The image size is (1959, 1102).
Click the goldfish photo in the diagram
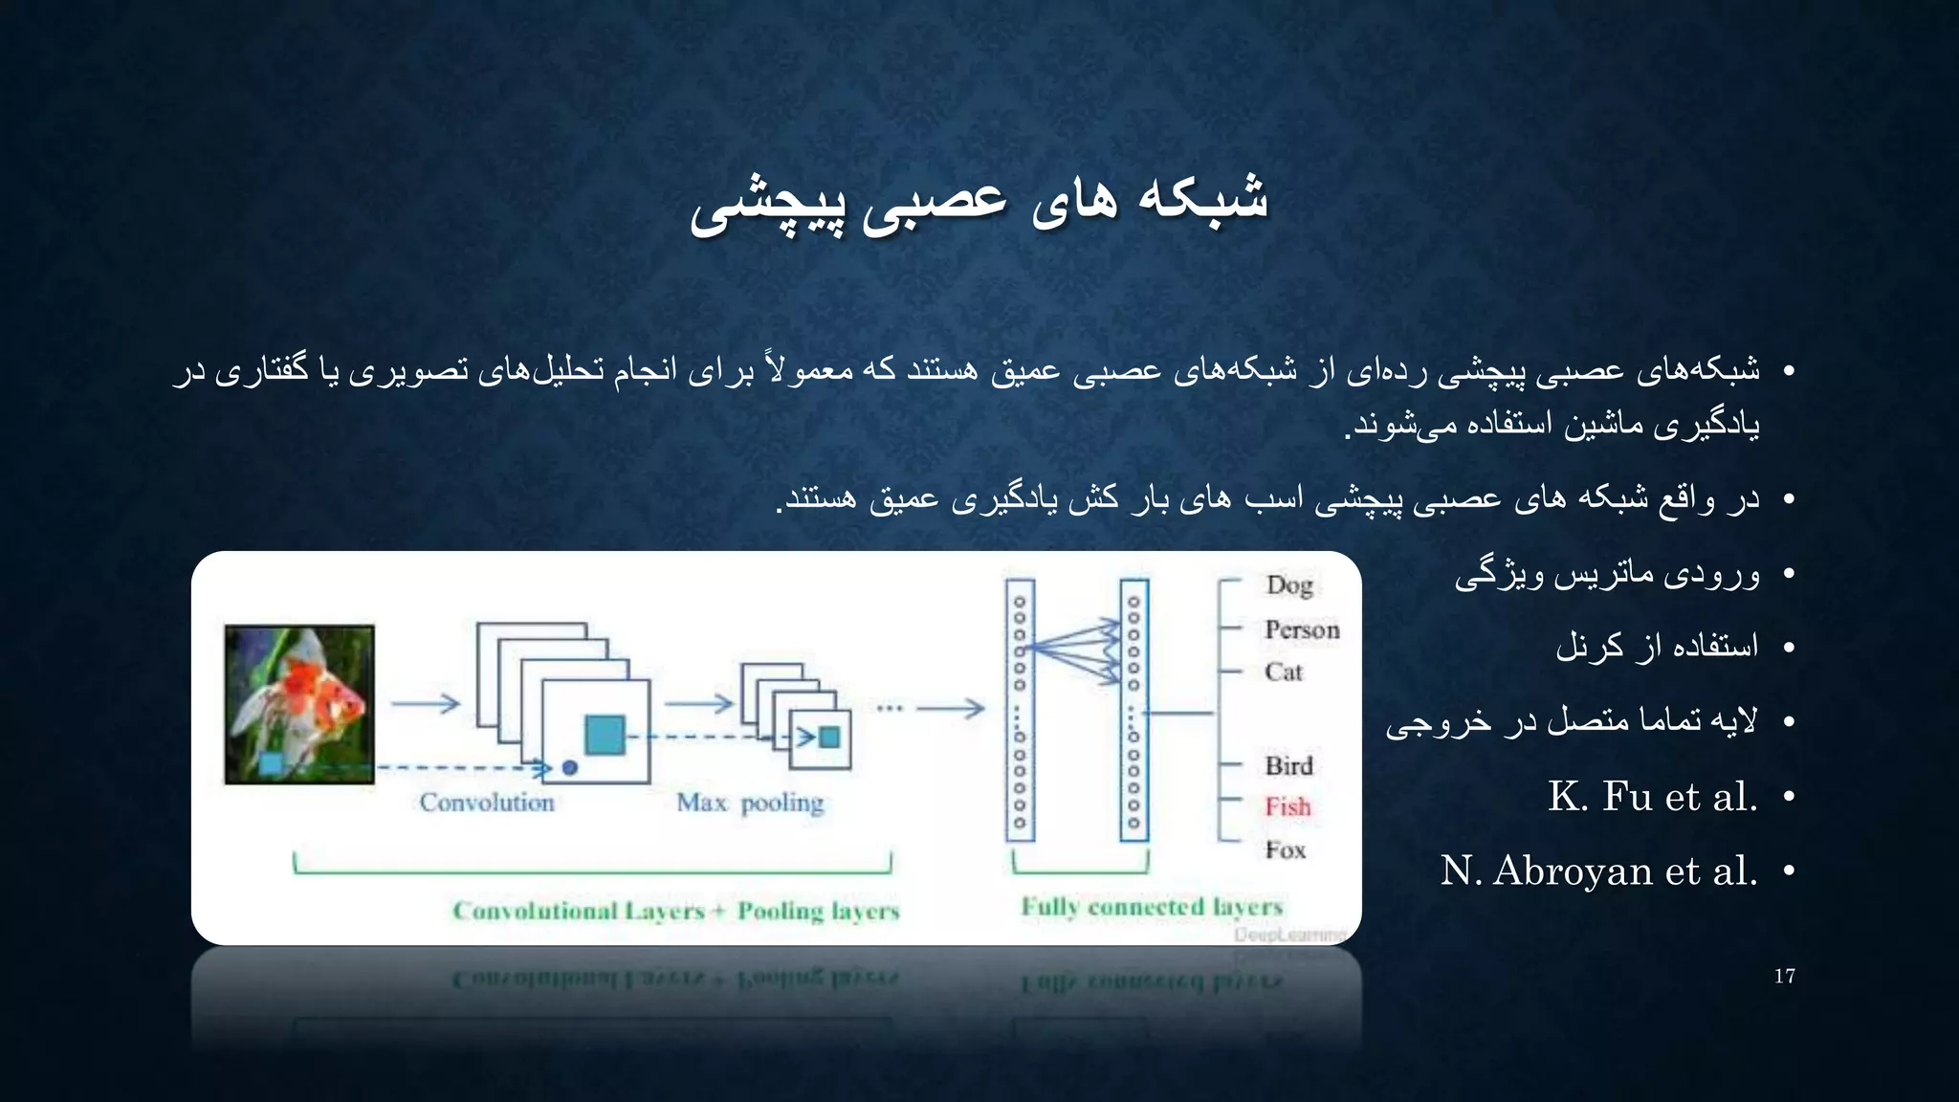click(x=299, y=704)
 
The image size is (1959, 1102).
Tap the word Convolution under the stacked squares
click(x=487, y=803)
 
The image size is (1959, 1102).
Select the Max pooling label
click(x=750, y=803)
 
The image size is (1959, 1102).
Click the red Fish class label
click(x=1288, y=806)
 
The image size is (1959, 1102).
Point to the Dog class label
click(x=1288, y=584)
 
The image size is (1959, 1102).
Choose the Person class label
click(x=1302, y=629)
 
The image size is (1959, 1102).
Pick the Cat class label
click(x=1284, y=672)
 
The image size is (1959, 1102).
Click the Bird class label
click(x=1288, y=765)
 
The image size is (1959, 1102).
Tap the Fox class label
click(x=1285, y=849)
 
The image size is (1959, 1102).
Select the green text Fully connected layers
click(x=1152, y=906)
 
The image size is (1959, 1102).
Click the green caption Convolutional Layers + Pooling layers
click(x=676, y=911)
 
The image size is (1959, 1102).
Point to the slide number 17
click(x=1784, y=976)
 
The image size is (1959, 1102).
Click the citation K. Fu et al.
click(x=1653, y=797)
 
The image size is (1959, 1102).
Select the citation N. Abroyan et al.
click(x=1599, y=871)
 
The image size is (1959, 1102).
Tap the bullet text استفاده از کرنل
click(x=1657, y=647)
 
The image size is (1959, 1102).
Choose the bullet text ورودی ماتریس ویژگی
click(x=1607, y=574)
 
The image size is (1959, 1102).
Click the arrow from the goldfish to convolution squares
click(x=426, y=704)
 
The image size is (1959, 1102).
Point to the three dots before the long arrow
click(x=890, y=708)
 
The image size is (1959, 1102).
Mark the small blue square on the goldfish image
click(x=271, y=763)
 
